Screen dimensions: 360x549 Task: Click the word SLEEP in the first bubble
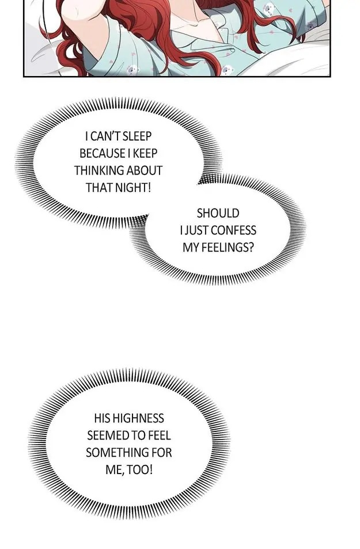pos(137,136)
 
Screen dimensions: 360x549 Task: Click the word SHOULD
pos(218,213)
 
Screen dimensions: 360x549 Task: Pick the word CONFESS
pos(234,230)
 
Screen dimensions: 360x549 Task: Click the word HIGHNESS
pos(138,418)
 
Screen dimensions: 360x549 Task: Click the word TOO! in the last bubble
pos(140,470)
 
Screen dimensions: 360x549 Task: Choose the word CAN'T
pos(105,136)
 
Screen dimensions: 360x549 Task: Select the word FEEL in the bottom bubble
pos(160,435)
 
